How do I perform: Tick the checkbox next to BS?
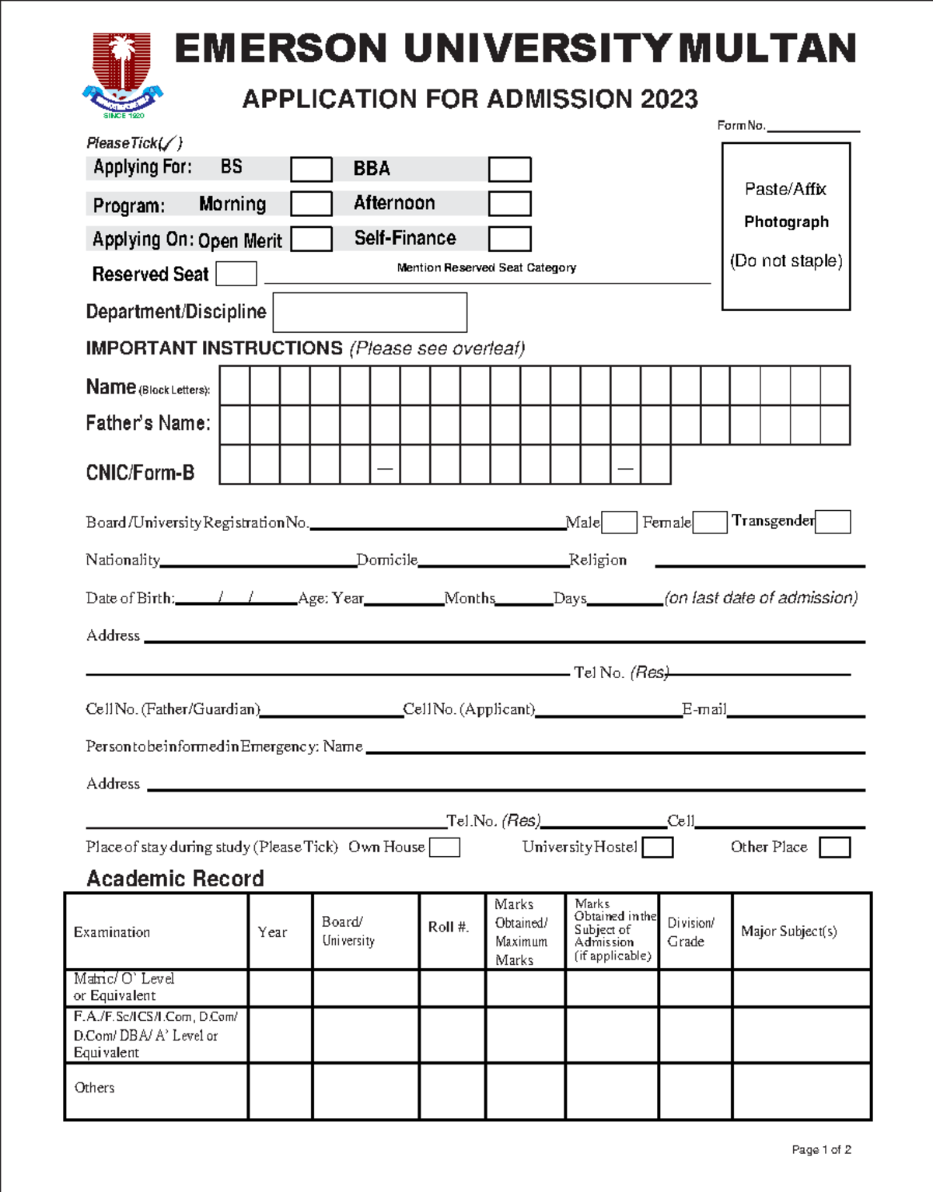(311, 170)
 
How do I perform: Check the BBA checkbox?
(509, 170)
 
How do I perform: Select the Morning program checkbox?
(311, 204)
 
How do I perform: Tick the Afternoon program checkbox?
(509, 204)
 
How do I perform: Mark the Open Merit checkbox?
(311, 239)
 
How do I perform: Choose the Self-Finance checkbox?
(509, 239)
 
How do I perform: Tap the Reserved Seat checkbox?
(236, 274)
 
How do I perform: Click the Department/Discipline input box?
(370, 313)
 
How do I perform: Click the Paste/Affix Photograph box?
(786, 226)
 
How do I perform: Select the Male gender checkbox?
(620, 523)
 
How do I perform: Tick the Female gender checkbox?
(710, 523)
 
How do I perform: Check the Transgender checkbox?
(833, 522)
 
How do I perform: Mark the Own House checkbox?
(445, 848)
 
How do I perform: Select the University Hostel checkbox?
(658, 848)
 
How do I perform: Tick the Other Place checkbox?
(835, 848)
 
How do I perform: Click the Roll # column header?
(449, 927)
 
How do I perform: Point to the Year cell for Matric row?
(280, 988)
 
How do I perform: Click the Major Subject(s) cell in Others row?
(801, 1092)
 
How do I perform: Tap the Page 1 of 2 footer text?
(821, 1150)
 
